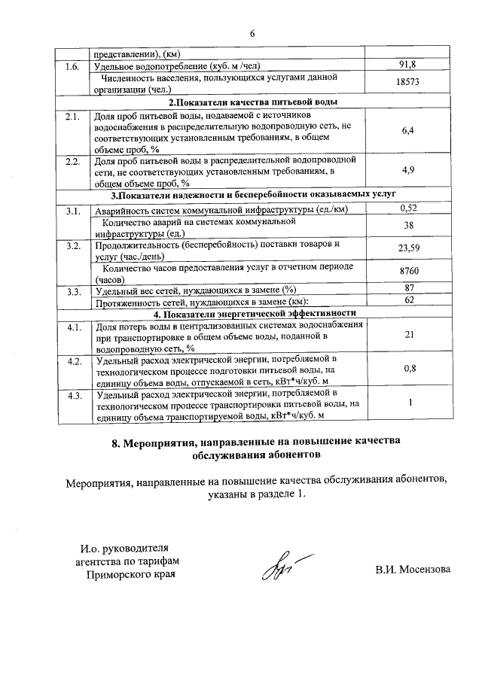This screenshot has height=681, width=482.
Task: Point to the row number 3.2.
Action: (73, 245)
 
